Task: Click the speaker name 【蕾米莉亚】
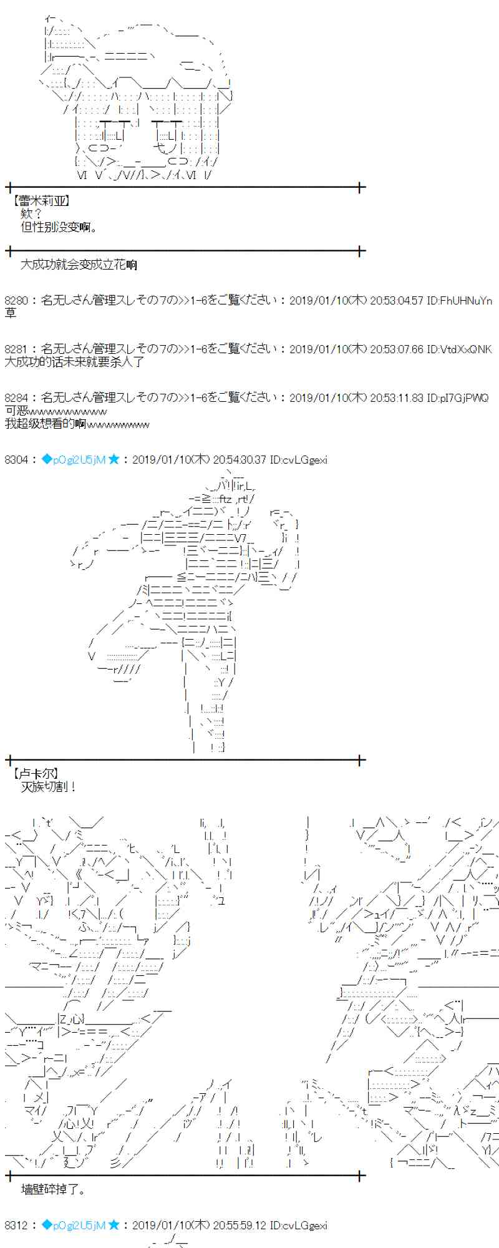point(41,201)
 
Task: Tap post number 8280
point(16,300)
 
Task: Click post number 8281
point(16,349)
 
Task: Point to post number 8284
point(16,397)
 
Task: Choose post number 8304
point(16,460)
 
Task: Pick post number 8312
point(16,1226)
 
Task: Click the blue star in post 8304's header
point(114,460)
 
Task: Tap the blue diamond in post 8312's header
point(46,1226)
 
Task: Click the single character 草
point(11,313)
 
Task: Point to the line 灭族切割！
point(49,787)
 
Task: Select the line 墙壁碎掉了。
point(54,1189)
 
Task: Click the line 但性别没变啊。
point(60,227)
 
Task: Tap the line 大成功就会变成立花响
point(79,265)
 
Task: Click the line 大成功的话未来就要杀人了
point(74,361)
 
